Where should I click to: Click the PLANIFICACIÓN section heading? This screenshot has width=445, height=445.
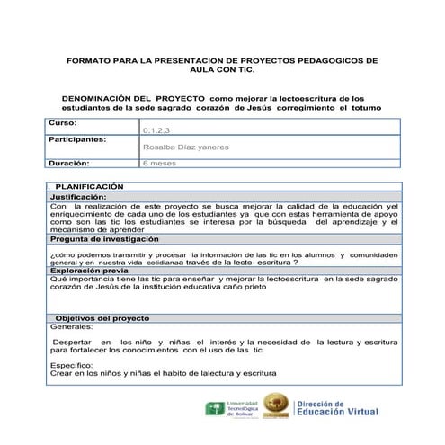point(90,186)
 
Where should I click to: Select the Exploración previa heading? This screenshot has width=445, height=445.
point(89,270)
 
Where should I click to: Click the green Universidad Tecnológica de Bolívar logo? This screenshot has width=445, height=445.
point(216,410)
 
